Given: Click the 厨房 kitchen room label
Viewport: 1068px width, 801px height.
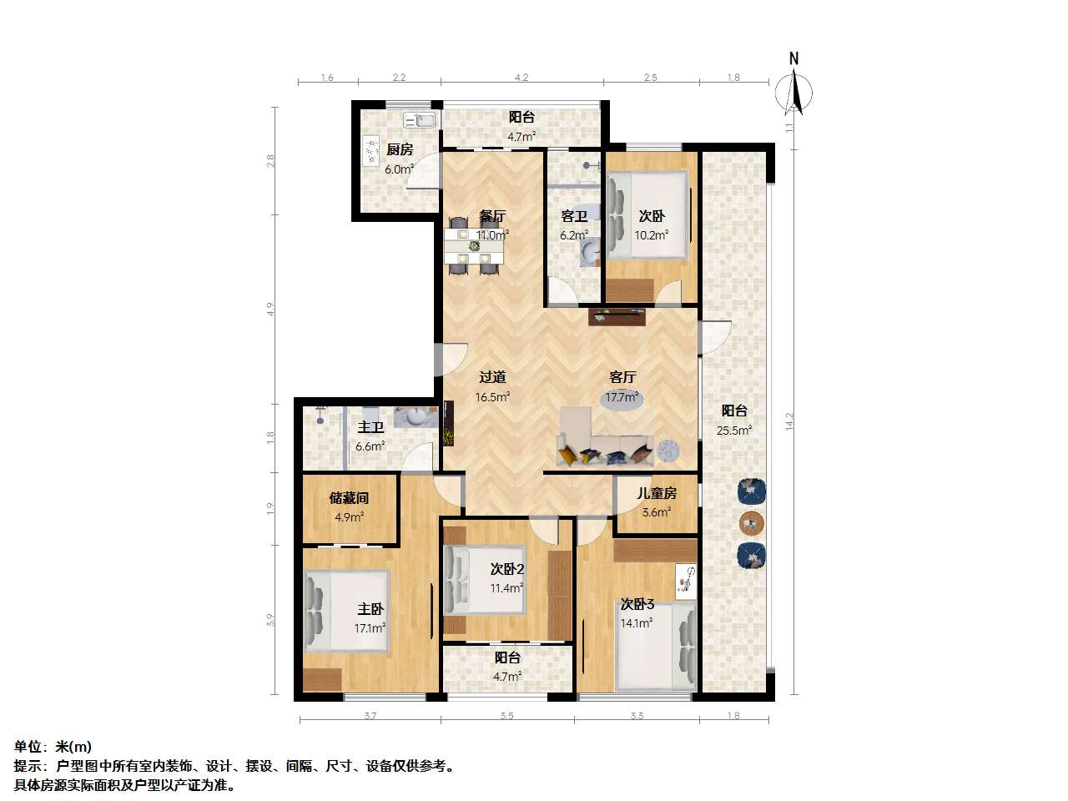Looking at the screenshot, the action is [x=400, y=149].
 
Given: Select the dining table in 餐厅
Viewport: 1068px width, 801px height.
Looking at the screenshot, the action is [x=474, y=247].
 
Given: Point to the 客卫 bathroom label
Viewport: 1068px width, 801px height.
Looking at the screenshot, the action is [x=574, y=216].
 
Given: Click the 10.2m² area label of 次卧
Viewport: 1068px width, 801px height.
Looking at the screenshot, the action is [x=651, y=235].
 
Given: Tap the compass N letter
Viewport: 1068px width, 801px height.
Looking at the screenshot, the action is [x=793, y=59].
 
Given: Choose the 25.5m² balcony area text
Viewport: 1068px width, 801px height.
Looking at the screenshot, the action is [x=734, y=431].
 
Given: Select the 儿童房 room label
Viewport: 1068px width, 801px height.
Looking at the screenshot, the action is [x=657, y=493].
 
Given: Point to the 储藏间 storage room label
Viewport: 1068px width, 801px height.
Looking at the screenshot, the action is [x=349, y=498].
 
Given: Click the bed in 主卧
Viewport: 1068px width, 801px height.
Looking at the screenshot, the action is [x=346, y=611].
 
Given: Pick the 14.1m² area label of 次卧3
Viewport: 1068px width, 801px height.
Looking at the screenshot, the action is [x=637, y=623].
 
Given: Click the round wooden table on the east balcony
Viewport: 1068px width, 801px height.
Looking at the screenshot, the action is [x=752, y=523].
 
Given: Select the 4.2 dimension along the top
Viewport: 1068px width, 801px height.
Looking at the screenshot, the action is [x=521, y=78].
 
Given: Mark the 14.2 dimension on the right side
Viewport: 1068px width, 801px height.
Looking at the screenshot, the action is [x=789, y=421].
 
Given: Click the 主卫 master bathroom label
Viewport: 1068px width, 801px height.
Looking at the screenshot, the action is [x=370, y=427].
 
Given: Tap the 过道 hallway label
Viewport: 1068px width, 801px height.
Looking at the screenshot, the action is [x=492, y=377].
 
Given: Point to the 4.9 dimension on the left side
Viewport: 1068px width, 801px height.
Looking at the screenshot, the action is [x=270, y=310].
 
